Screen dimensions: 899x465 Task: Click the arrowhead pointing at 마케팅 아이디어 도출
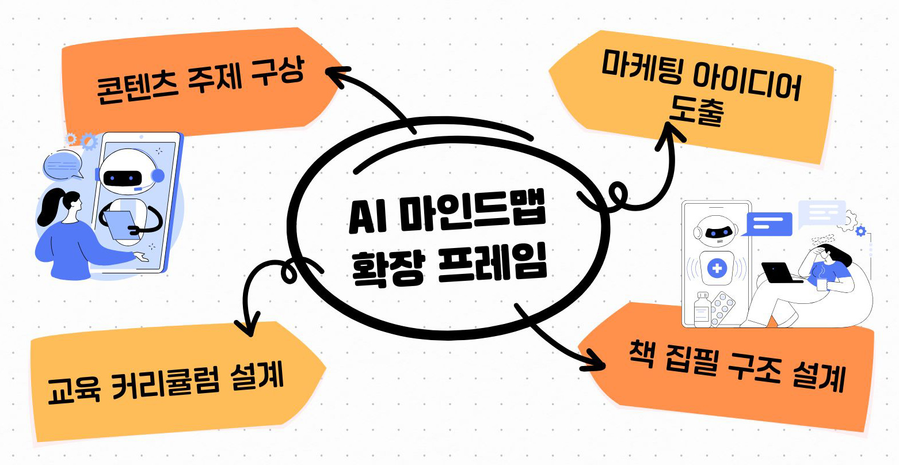click(x=671, y=134)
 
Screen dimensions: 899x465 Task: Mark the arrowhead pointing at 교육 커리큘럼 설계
click(x=249, y=328)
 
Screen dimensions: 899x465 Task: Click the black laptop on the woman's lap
click(x=780, y=273)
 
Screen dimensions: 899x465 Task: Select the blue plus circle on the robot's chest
click(x=717, y=268)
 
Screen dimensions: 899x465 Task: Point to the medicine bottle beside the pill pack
click(x=702, y=309)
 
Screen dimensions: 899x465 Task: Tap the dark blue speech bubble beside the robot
click(x=768, y=224)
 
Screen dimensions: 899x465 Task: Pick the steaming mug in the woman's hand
click(x=821, y=283)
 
